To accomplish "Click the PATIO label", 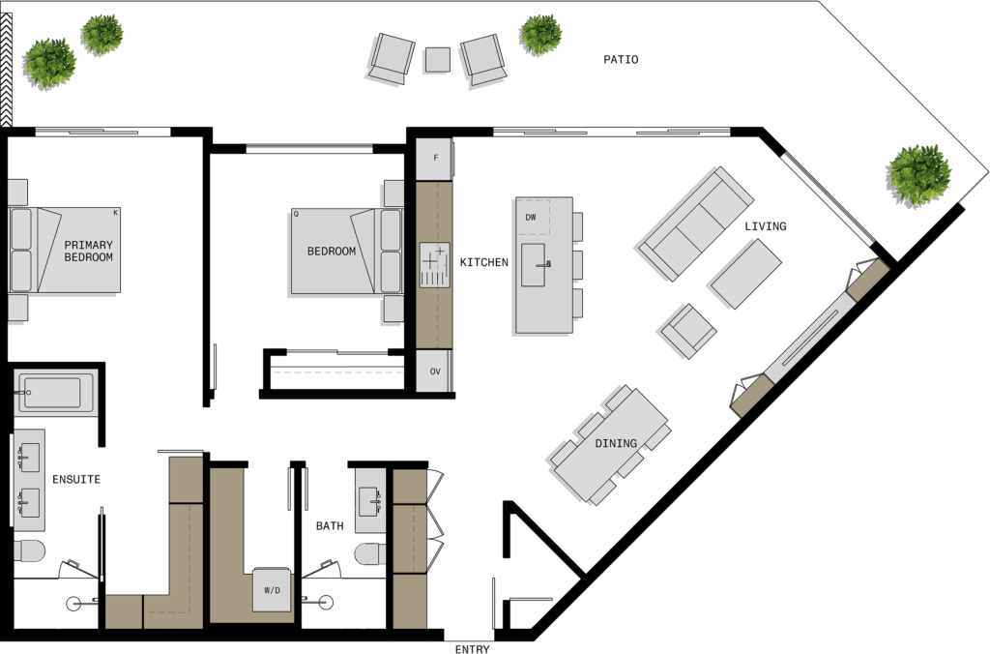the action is coord(621,59).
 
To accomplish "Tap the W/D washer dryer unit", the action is coord(273,590).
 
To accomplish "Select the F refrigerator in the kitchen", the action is coord(435,158).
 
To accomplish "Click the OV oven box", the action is coord(435,371).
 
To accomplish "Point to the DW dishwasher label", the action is coord(531,218).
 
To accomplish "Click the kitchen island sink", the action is coord(534,265).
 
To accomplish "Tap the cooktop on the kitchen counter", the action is coord(435,265).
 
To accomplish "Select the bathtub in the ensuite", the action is coord(54,393).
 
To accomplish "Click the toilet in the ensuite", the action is coord(30,551).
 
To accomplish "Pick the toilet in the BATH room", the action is coord(370,554).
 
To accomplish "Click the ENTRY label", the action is coord(472,649).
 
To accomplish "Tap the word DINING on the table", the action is coord(616,444).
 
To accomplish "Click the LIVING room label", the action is coord(766,226).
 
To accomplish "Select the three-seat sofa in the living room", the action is coord(696,223).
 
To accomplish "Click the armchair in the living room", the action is coord(687,331).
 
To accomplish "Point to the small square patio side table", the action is coord(438,60).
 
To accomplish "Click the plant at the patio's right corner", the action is coord(918,174).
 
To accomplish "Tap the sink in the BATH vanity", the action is coord(369,502).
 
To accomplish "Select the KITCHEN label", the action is coord(483,262).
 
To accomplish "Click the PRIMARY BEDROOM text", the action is coord(88,251).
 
